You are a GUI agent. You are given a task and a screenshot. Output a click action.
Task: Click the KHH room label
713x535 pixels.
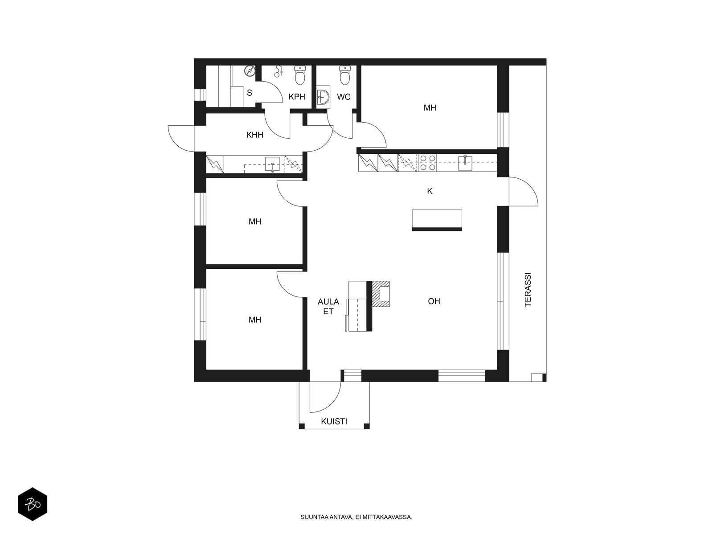254,135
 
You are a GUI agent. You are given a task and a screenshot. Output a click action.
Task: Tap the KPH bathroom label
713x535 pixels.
297,96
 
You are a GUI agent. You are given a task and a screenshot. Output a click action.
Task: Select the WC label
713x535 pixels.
344,97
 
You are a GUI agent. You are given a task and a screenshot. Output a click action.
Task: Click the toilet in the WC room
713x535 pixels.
344,75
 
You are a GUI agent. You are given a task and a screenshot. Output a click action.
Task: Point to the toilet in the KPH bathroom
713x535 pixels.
300,75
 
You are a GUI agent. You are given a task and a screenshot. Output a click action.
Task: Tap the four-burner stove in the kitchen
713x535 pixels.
427,163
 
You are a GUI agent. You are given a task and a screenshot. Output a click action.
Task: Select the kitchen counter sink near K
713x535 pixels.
465,163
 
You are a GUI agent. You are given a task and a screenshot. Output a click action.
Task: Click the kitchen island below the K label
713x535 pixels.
437,220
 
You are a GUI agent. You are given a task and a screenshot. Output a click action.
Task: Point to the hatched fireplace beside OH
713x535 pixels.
381,294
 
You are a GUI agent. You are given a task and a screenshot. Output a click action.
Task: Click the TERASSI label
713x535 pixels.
528,289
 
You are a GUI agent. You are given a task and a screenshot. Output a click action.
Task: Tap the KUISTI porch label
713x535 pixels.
334,421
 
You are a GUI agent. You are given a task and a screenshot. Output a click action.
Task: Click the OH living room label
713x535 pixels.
434,301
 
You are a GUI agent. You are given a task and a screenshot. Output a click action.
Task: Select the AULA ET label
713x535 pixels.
328,306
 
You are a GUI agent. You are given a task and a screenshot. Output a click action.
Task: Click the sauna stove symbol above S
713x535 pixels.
250,71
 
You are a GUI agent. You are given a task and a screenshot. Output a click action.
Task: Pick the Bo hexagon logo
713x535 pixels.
33,504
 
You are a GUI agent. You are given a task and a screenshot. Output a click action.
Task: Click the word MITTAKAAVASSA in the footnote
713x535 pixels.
387,517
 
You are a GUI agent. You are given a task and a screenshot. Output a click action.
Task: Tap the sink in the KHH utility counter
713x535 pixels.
272,164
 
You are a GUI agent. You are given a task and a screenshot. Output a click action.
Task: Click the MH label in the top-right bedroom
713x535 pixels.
430,108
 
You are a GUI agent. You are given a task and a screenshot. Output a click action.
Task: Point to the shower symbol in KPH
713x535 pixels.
279,71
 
